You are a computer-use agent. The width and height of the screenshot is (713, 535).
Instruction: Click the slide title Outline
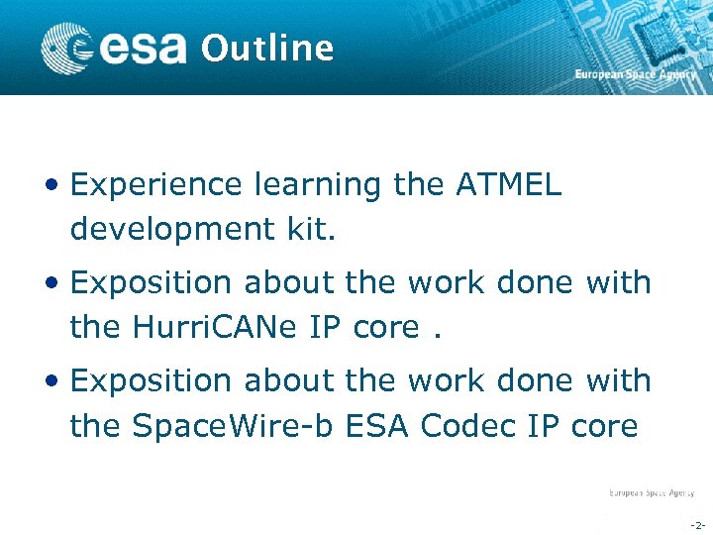[x=267, y=48]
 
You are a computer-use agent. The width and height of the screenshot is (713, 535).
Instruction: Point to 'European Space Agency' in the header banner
[x=636, y=75]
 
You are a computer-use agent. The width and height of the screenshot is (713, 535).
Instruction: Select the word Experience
[x=155, y=185]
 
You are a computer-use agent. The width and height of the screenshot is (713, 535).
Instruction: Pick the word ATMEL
[x=508, y=185]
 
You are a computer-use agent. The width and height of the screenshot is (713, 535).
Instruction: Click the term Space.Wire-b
[x=236, y=426]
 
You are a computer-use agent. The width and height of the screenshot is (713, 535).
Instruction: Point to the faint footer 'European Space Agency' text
[x=651, y=492]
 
